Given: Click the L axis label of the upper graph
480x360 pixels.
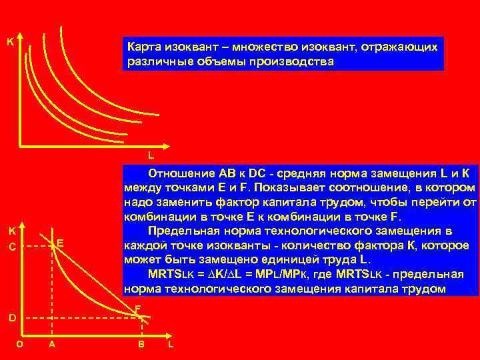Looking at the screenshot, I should [151, 156].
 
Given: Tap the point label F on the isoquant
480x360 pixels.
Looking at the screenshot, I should [137, 309].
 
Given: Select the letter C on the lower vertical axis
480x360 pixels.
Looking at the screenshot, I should [11, 247].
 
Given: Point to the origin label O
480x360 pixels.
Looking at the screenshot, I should [20, 344].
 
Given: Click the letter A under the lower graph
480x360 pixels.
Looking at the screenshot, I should [52, 344].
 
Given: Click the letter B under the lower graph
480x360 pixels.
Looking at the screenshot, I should [141, 344].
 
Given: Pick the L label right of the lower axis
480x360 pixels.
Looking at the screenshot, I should [171, 344].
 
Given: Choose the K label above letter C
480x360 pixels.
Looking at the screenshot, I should [11, 231].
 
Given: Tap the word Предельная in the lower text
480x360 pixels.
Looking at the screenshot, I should [185, 231].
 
